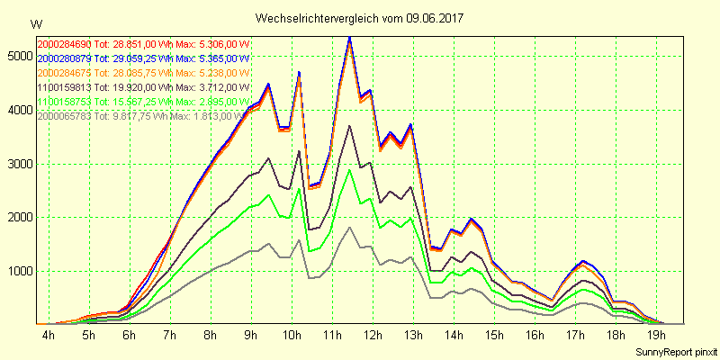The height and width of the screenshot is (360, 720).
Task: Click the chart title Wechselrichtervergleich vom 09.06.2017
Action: [360, 18]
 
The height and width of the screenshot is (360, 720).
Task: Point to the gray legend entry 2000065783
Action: [142, 116]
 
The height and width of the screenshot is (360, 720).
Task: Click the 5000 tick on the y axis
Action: [17, 56]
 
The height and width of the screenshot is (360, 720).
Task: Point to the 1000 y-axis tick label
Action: [17, 271]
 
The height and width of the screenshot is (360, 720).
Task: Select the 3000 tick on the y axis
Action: [17, 164]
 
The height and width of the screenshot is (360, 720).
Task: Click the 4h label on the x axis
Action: [48, 335]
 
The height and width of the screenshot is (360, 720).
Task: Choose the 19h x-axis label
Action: [655, 335]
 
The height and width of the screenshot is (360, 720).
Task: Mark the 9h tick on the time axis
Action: [250, 335]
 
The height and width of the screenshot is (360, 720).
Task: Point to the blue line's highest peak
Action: [349, 37]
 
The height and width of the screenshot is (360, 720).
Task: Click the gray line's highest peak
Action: [349, 227]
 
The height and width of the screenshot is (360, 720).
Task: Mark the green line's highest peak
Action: [349, 170]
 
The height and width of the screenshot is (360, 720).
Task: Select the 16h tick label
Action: [535, 335]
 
